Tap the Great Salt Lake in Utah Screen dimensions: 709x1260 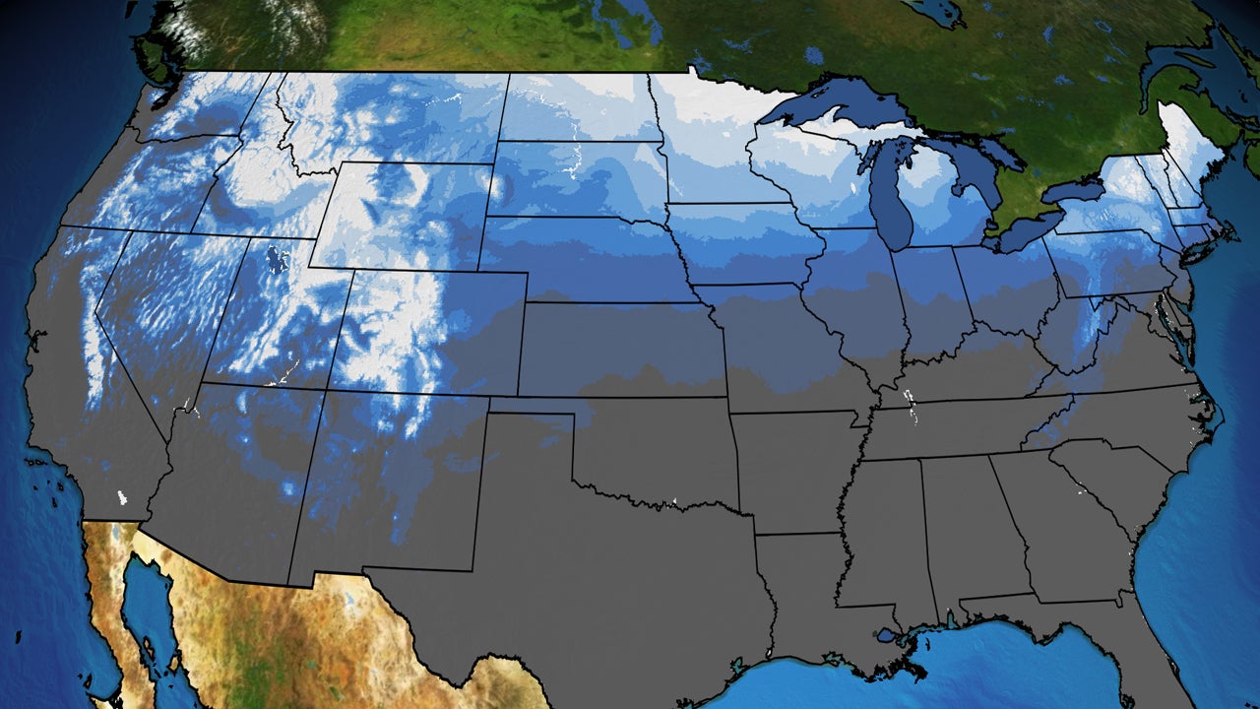tap(278, 262)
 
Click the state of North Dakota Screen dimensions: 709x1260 tap(581, 108)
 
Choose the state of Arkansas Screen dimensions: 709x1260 tap(792, 473)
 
